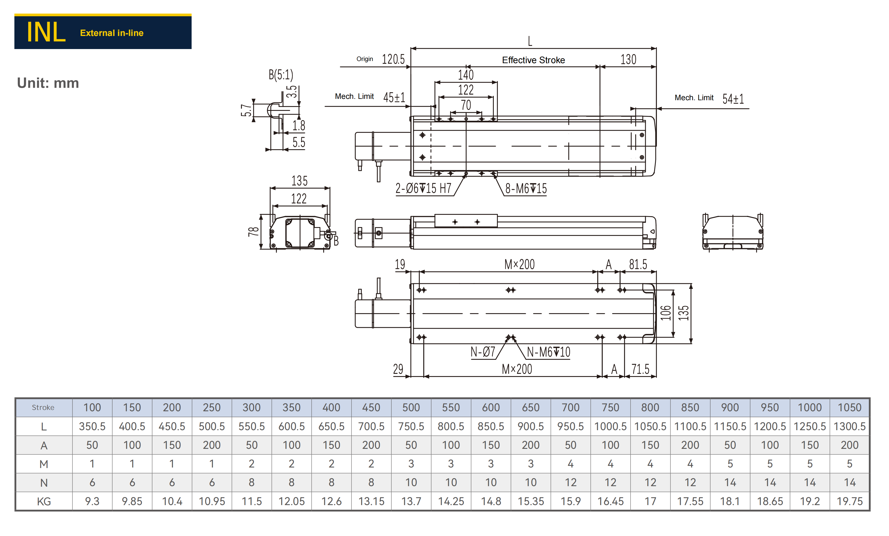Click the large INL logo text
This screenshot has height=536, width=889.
(46, 33)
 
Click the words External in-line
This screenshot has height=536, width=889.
(112, 33)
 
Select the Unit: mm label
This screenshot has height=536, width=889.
(48, 83)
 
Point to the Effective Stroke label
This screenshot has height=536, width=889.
(533, 60)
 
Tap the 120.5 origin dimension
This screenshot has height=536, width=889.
(393, 59)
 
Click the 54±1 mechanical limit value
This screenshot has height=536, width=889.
(733, 99)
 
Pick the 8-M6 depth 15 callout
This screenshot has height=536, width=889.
(526, 188)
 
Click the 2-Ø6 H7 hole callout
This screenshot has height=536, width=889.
(423, 188)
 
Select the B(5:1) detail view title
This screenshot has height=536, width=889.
(281, 75)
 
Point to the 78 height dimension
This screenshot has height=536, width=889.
(254, 231)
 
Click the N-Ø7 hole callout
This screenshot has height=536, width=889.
(483, 352)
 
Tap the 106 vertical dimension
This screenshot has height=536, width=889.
(666, 313)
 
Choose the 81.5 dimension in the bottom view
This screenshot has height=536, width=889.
(638, 265)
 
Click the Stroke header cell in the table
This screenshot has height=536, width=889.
(43, 408)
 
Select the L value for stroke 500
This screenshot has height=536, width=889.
(411, 426)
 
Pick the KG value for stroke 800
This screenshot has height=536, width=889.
(650, 501)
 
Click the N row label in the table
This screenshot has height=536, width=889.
(44, 483)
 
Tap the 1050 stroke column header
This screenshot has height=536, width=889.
(849, 408)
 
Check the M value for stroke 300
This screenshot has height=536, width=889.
(252, 464)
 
